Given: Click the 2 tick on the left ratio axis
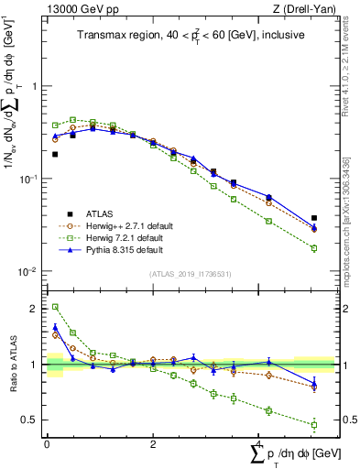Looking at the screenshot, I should [35, 309].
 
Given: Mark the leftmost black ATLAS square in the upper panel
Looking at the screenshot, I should [55, 154].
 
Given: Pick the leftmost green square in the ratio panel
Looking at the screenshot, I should [55, 307].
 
